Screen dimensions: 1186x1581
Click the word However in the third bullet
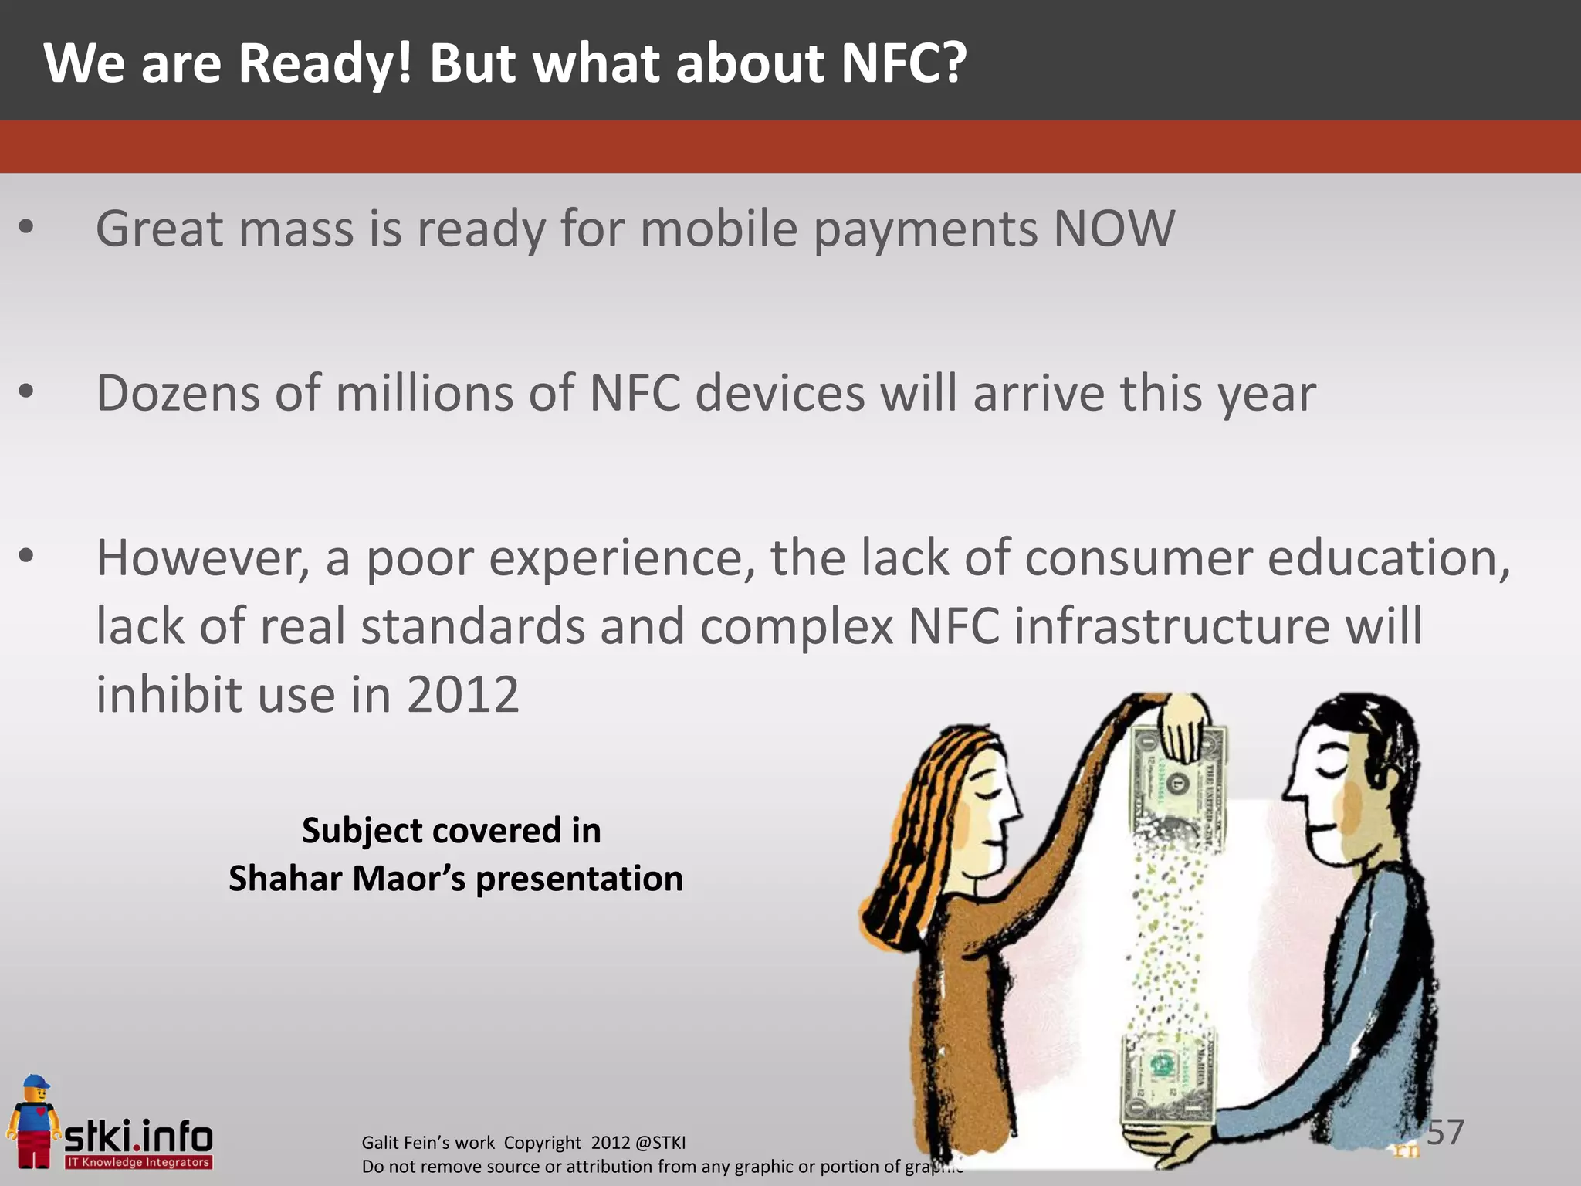(x=201, y=557)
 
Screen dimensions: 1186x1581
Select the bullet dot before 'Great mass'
(x=26, y=227)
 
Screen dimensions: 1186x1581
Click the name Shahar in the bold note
(x=285, y=879)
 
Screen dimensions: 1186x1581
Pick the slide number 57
(x=1444, y=1132)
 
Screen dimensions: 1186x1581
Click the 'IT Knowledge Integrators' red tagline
(x=138, y=1162)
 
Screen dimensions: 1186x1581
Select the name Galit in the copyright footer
(x=380, y=1143)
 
